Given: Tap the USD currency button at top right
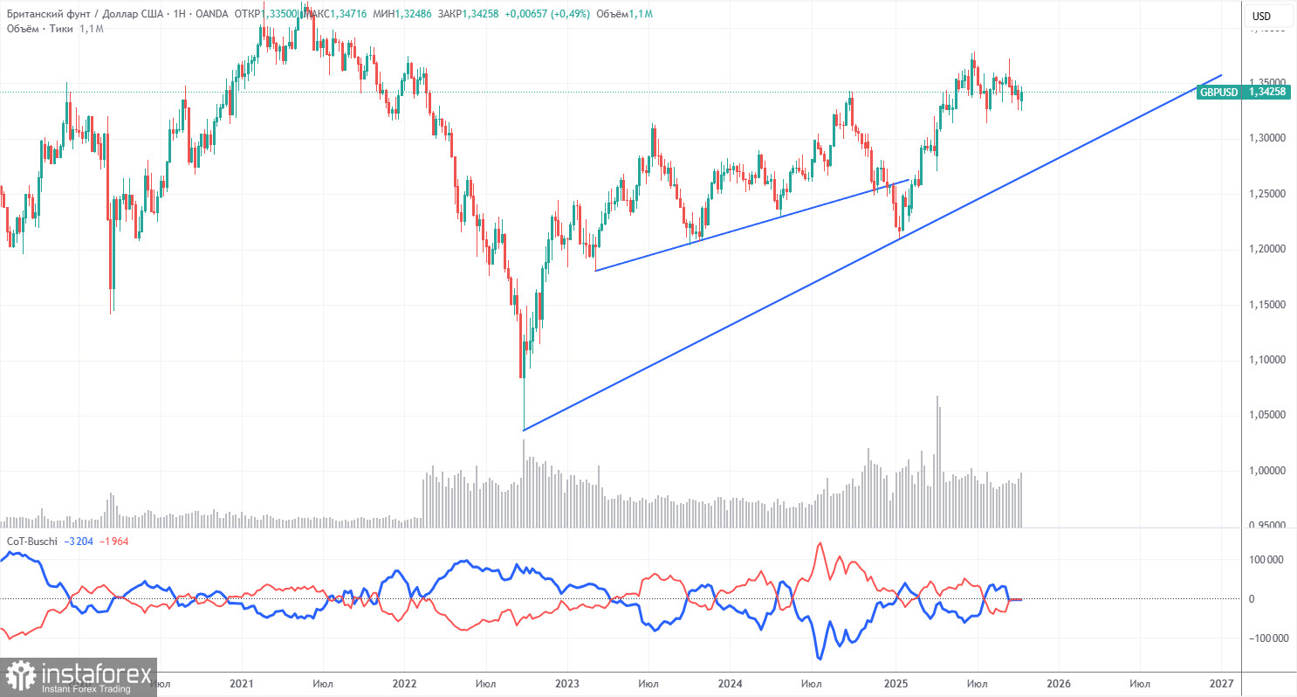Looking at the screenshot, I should [1261, 16].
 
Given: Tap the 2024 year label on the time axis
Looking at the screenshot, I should [731, 681].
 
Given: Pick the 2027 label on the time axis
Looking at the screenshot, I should [1221, 681].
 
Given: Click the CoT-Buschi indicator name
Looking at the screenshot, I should [32, 542].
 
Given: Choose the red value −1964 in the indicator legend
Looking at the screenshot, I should [115, 542].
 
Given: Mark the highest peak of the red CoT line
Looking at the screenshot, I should [820, 544].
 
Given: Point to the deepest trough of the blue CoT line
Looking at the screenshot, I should [819, 658].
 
